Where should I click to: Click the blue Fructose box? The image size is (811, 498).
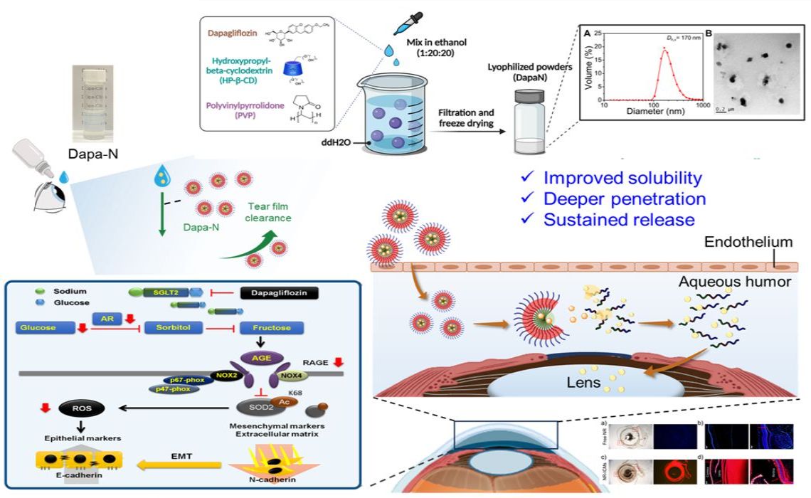(x=272, y=329)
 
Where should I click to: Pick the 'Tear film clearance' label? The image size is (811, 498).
(x=270, y=212)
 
